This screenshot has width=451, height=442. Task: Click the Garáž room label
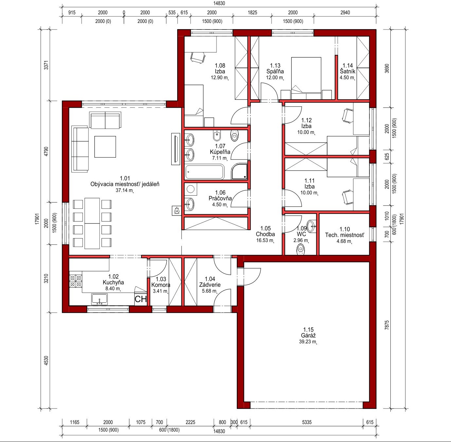[x=308, y=336]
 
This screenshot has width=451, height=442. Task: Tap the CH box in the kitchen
[x=141, y=299]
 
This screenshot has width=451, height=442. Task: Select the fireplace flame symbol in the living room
[x=177, y=211]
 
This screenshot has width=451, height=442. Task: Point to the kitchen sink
[x=100, y=299]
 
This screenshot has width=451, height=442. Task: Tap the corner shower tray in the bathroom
[x=239, y=171]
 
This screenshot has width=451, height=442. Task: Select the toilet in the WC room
[x=301, y=249]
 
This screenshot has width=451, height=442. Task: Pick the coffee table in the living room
[x=105, y=147]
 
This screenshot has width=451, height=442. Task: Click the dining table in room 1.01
[x=92, y=223]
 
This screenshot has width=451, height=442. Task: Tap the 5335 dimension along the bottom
[x=307, y=422]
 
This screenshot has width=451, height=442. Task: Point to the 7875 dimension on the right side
[x=386, y=325]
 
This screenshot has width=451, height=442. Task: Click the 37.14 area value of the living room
[x=124, y=190]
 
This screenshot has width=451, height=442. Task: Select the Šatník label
[x=348, y=71]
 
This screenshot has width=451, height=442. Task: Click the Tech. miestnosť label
[x=345, y=235]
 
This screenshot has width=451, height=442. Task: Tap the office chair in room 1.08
[x=198, y=57]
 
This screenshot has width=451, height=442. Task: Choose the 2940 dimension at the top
[x=345, y=12]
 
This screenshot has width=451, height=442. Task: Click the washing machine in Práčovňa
[x=191, y=189]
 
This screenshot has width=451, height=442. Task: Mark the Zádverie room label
[x=210, y=285]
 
